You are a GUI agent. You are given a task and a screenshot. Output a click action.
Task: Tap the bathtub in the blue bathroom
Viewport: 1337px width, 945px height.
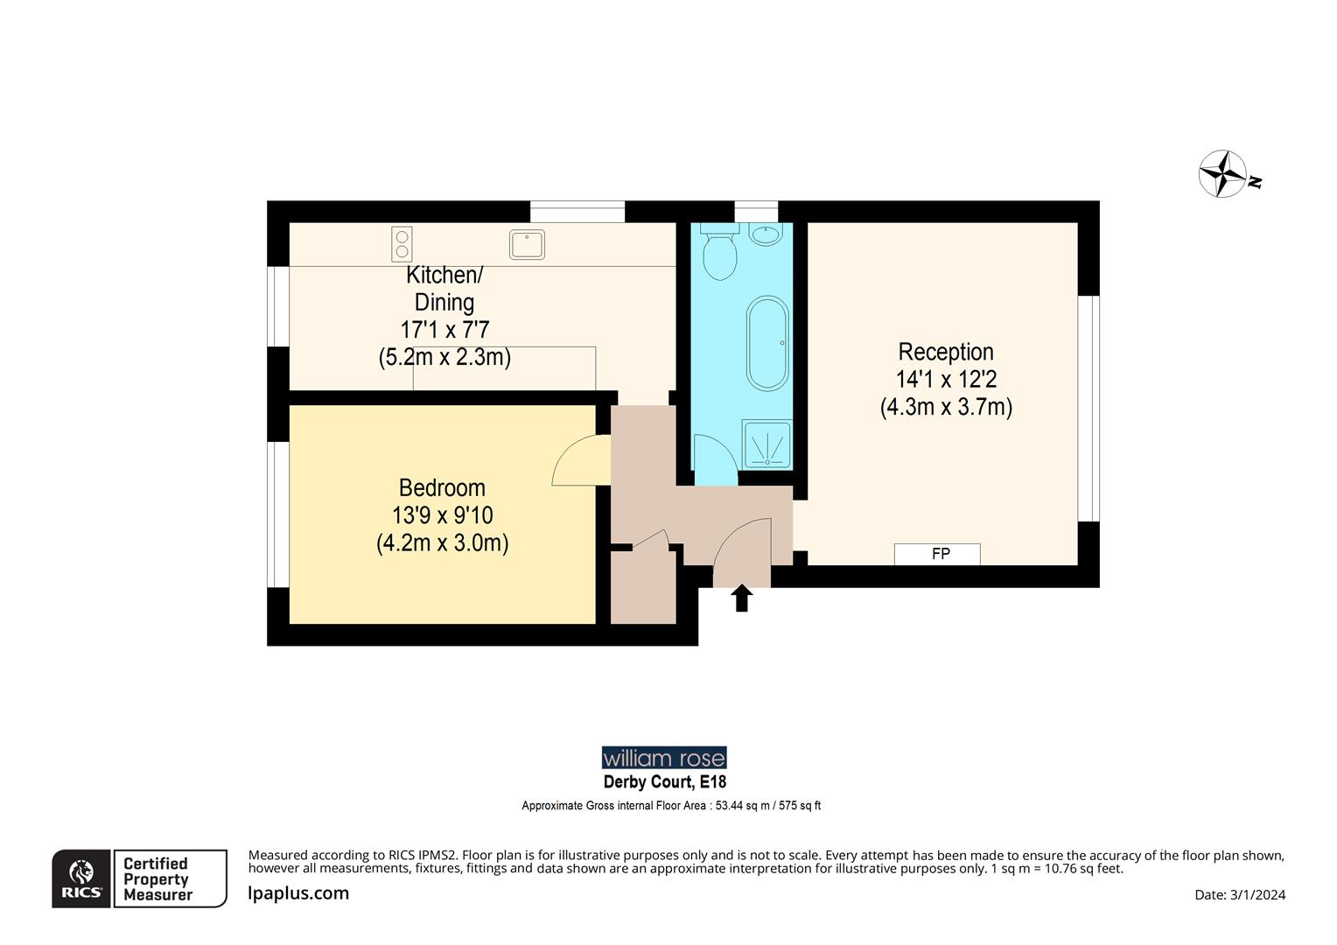click(767, 344)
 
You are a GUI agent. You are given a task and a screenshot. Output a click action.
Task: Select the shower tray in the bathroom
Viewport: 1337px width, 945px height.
click(766, 444)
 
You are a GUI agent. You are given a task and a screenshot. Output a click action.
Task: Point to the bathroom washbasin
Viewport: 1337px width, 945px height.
click(766, 234)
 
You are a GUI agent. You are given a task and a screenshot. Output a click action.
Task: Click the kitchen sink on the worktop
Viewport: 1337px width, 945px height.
click(527, 244)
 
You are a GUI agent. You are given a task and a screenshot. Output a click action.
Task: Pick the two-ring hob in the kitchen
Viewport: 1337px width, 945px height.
click(402, 244)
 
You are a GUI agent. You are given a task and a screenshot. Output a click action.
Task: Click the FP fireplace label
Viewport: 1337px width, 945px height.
click(940, 554)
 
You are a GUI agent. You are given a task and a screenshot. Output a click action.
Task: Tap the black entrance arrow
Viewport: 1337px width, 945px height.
click(742, 598)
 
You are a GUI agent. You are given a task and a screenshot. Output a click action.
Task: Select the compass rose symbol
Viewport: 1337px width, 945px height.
click(1222, 173)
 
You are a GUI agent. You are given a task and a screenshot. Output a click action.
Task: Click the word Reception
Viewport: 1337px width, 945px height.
click(945, 352)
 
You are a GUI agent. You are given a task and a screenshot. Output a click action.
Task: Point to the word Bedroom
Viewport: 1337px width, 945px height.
click(442, 487)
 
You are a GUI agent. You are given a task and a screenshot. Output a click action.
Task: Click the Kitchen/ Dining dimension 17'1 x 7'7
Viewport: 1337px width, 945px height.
click(444, 330)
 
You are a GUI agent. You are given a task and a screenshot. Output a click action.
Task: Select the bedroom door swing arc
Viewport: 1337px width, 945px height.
click(578, 461)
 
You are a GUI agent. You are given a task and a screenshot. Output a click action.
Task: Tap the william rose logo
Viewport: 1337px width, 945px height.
click(664, 758)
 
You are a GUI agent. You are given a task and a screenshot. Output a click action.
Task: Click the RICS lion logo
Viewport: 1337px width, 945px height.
click(81, 878)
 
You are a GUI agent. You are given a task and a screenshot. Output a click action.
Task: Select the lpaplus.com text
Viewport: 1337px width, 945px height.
click(298, 893)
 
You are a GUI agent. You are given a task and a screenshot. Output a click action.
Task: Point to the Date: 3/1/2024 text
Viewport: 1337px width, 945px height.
click(1239, 894)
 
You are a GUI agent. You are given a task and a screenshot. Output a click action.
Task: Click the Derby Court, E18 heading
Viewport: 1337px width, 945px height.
click(664, 782)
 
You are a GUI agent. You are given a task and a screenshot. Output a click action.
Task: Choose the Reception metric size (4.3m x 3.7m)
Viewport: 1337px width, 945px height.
click(945, 407)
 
